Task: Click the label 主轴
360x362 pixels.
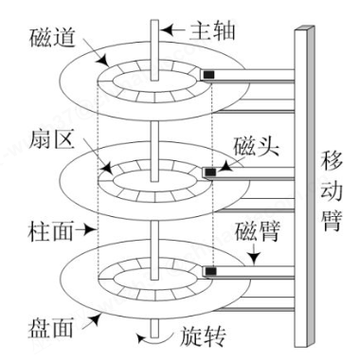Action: [212, 30]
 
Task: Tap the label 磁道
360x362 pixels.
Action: [52, 38]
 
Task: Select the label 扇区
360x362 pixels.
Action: [51, 139]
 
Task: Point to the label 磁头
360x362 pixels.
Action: [256, 146]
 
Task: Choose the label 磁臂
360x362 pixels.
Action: [257, 233]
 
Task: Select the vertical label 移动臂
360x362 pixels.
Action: [332, 190]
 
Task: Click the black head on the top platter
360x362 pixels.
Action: [208, 75]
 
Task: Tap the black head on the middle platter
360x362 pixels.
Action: [210, 172]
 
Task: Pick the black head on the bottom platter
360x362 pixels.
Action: [211, 271]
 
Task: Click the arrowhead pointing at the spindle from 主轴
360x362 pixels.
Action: [166, 30]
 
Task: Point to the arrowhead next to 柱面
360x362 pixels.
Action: [91, 230]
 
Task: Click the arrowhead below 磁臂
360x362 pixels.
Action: [254, 258]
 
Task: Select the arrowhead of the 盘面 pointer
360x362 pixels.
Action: [96, 318]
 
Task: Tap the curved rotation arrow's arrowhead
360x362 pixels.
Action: [142, 338]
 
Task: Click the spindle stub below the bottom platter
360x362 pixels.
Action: [154, 328]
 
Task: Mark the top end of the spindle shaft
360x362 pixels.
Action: [154, 20]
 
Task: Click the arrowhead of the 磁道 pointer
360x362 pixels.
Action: [104, 61]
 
